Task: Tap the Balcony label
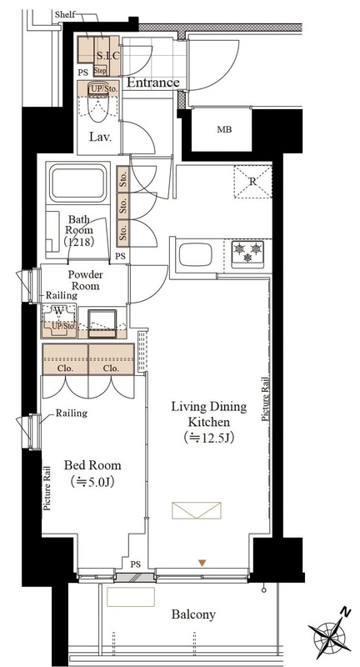193,614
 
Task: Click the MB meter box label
224,130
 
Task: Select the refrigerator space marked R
252,182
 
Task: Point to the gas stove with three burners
247,254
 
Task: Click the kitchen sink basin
196,255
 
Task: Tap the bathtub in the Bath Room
77,183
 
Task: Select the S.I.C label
108,55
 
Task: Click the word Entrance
153,83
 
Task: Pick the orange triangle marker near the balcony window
202,564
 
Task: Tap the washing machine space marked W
58,312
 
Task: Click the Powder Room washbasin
102,323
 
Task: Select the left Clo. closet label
66,369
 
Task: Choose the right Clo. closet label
111,369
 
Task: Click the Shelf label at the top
65,15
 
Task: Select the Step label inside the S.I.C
100,71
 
